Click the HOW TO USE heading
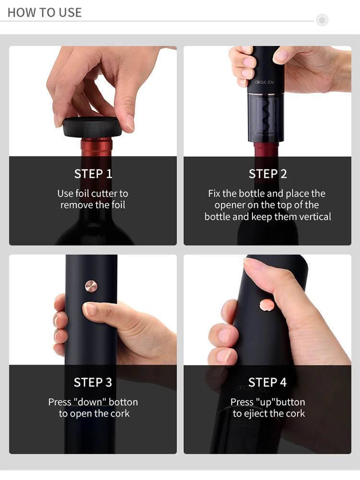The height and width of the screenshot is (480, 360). pyautogui.click(x=45, y=12)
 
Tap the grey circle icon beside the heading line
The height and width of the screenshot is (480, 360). pyautogui.click(x=322, y=20)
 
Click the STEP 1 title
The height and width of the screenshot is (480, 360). pyautogui.click(x=93, y=174)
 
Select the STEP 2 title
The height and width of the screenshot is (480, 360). pyautogui.click(x=268, y=174)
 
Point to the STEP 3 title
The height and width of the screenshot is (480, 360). pyautogui.click(x=93, y=382)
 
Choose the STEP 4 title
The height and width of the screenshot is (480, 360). pyautogui.click(x=267, y=382)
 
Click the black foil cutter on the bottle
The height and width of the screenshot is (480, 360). pyautogui.click(x=93, y=127)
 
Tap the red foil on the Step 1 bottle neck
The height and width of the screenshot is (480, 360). pyautogui.click(x=96, y=147)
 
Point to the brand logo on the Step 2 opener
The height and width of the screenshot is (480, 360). pyautogui.click(x=264, y=82)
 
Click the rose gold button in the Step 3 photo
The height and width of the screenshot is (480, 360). pyautogui.click(x=91, y=286)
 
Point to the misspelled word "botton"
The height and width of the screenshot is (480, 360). pyautogui.click(x=123, y=402)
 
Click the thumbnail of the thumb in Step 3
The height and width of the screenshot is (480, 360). pyautogui.click(x=90, y=309)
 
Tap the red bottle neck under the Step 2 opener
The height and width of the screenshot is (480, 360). pyautogui.click(x=265, y=150)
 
